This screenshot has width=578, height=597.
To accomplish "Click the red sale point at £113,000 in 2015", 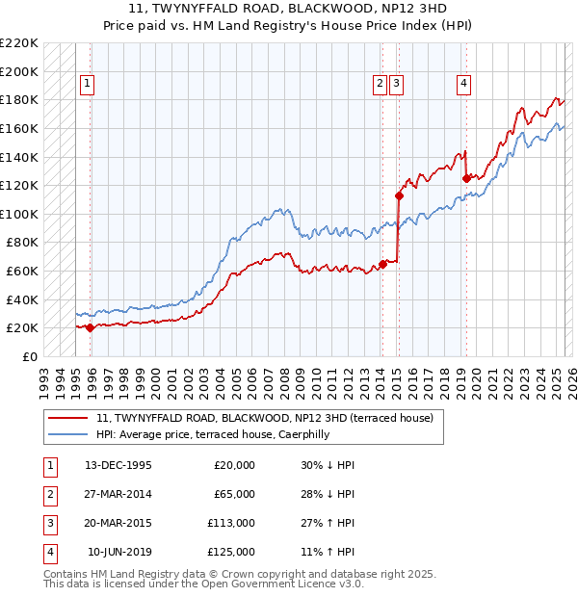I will pyautogui.click(x=398, y=195).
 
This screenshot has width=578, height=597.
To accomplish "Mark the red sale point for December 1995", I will pyautogui.click(x=91, y=327).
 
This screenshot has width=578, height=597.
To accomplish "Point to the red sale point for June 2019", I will pyautogui.click(x=466, y=178).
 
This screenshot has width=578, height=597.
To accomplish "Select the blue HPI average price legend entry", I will pyautogui.click(x=225, y=434).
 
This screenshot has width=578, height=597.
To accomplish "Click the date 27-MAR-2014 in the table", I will pyautogui.click(x=118, y=494).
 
